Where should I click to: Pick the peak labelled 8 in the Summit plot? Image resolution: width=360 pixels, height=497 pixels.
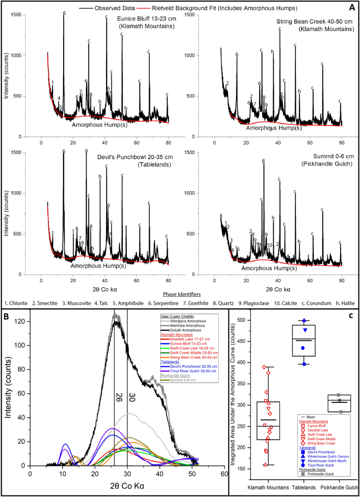pyautogui.click(x=263, y=161)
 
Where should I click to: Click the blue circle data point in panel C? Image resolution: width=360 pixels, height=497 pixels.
pyautogui.click(x=303, y=348)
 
